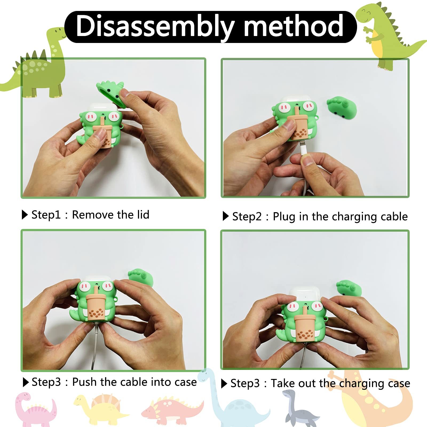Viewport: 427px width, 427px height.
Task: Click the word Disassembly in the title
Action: pyautogui.click(x=155, y=26)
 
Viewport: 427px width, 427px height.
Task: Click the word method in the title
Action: pyautogui.click(x=294, y=26)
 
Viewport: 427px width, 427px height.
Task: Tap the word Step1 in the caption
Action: pyautogui.click(x=46, y=215)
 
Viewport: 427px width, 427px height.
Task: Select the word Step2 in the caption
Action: pyautogui.click(x=247, y=216)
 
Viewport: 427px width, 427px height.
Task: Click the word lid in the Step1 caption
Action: pyautogui.click(x=143, y=215)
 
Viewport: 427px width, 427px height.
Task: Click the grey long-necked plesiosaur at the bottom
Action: pyautogui.click(x=300, y=408)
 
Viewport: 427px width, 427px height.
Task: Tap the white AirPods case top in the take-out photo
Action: pyautogui.click(x=304, y=295)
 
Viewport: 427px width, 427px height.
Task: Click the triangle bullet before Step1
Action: pyautogui.click(x=25, y=215)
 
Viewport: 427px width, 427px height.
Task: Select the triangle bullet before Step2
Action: pyautogui.click(x=226, y=216)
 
